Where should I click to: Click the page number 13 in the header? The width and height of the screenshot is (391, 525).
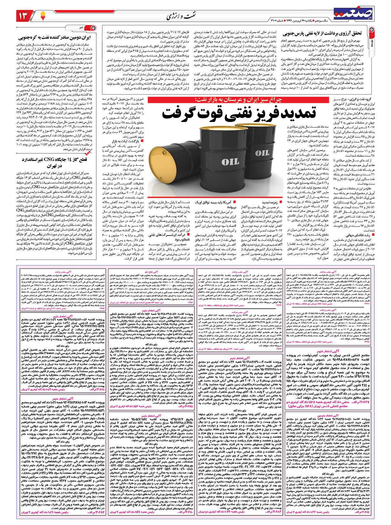[24, 15]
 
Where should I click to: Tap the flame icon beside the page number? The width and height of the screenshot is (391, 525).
[39, 15]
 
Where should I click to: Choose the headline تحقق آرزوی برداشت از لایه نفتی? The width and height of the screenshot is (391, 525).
[323, 33]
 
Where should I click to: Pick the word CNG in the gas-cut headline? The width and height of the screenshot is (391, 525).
[50, 160]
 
